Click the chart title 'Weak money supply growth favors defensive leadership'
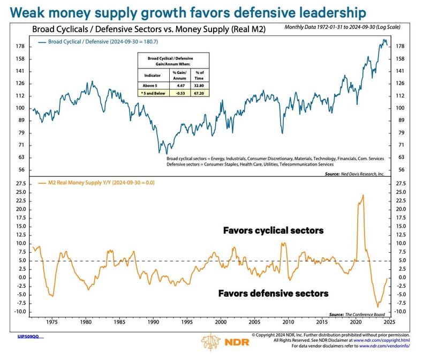185,12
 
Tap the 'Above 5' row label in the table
148,84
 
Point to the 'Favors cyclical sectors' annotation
273,230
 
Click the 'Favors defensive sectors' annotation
273,294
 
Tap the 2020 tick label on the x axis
356,323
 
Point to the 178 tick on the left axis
20,47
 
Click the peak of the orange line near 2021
363,195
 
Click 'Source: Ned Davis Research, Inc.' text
354,174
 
